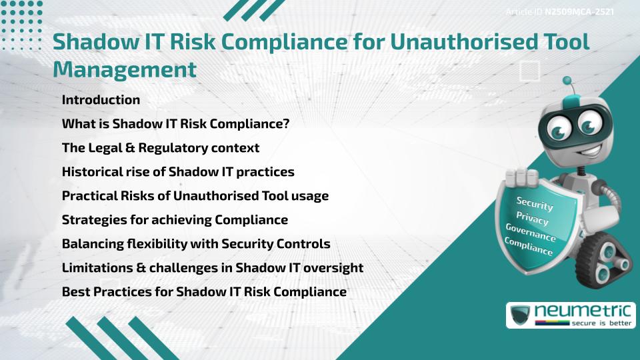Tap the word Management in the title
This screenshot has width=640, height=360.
pyautogui.click(x=125, y=69)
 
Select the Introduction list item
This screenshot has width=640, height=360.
pyautogui.click(x=101, y=100)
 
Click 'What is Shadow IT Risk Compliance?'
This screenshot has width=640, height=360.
pyautogui.click(x=175, y=124)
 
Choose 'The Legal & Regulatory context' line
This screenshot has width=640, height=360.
pyautogui.click(x=160, y=148)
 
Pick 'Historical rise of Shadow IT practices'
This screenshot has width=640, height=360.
pyautogui.click(x=178, y=172)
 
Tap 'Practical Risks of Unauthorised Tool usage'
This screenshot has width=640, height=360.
pyautogui.click(x=195, y=196)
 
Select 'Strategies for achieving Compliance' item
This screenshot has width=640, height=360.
pyautogui.click(x=175, y=220)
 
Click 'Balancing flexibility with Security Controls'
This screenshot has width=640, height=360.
pyautogui.click(x=196, y=244)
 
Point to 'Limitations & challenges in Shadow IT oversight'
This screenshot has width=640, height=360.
pyautogui.click(x=212, y=268)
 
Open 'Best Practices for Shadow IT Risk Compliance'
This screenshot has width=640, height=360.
pyautogui.click(x=204, y=292)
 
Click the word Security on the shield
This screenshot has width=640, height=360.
pyautogui.click(x=535, y=204)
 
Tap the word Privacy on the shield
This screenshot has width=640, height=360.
pyautogui.click(x=532, y=219)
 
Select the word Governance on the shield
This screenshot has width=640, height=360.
pyautogui.click(x=531, y=233)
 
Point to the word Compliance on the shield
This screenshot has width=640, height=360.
pyautogui.click(x=529, y=247)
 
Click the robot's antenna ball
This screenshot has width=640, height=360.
pyautogui.click(x=567, y=81)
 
